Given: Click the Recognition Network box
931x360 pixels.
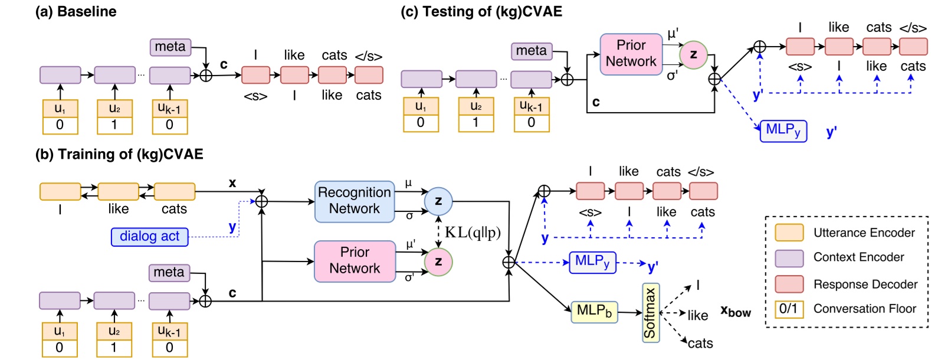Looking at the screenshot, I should coord(354,201).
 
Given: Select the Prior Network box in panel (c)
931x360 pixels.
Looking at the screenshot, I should coord(631,54).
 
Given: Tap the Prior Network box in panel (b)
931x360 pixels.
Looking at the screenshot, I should coord(355,261).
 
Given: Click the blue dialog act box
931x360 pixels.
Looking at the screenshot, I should coord(149,237).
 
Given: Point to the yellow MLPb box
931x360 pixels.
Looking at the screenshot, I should coord(594,312).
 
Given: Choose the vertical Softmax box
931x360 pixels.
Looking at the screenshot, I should coord(650,313).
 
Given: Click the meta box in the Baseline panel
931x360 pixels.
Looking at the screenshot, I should coord(170,47).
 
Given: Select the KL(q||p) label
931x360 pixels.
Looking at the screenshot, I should coord(473,233).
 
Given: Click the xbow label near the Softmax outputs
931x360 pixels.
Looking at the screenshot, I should coord(735,311).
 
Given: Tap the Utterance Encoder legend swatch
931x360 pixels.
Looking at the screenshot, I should coord(789,233).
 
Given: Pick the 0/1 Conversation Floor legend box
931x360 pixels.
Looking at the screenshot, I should coord(789,309).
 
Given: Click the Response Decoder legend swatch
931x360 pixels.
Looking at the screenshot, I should coord(789,284).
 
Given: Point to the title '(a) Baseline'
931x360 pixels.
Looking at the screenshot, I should coord(76,11).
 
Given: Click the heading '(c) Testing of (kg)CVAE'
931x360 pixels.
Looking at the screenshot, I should coord(481,11).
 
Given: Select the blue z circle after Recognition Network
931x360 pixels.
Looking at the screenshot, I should coord(438,201).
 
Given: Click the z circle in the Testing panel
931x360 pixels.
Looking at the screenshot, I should coord(693,55).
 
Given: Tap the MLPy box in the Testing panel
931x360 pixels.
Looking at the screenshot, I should coord(783,130).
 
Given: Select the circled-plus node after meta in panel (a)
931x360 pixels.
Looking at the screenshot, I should coord(205,76).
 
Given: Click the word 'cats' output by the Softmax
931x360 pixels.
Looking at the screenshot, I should coord(700,343).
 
